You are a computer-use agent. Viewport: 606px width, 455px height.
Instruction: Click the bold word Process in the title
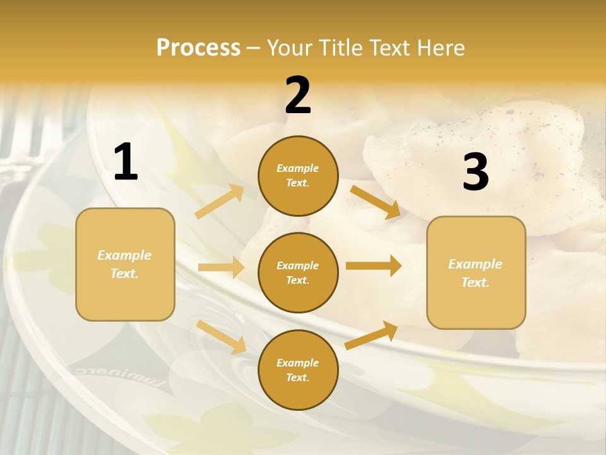(198, 47)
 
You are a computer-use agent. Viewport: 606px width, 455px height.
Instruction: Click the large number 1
(126, 162)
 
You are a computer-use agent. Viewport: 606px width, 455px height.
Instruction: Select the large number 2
(298, 95)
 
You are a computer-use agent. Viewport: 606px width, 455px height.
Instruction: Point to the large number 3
(475, 172)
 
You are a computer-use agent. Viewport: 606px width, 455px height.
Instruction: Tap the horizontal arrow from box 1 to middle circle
(221, 267)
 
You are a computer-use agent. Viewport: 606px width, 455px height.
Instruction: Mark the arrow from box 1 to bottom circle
(222, 337)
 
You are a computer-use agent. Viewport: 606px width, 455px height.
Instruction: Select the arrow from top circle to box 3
(376, 202)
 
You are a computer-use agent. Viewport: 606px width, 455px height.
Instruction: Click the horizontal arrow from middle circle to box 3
(374, 265)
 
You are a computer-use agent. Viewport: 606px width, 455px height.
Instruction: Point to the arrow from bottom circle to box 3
(371, 336)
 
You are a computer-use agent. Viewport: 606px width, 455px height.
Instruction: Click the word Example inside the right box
(475, 264)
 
